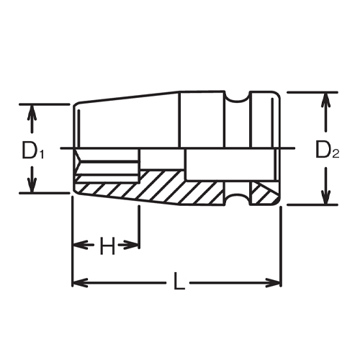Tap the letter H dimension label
tap(107, 247)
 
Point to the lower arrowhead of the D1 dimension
tap(31, 186)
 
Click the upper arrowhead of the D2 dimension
tap(326, 99)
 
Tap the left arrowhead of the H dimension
tap(78, 245)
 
